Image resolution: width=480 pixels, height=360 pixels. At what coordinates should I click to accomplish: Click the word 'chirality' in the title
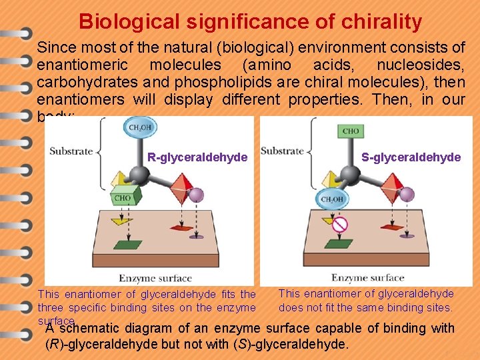coord(379,21)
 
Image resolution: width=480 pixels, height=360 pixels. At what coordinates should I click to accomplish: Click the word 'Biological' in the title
coord(129,21)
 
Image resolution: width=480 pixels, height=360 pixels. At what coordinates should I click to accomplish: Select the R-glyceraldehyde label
coord(197,157)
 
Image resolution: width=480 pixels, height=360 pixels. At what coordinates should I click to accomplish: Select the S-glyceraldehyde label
coord(411,157)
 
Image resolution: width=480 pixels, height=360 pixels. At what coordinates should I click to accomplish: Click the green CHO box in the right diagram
coord(351,131)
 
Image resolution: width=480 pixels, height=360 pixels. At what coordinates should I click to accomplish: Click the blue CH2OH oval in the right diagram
coord(333,199)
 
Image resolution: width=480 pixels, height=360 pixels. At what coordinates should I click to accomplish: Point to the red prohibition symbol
coord(341,225)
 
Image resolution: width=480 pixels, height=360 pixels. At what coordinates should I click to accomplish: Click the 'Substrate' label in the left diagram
coord(71,151)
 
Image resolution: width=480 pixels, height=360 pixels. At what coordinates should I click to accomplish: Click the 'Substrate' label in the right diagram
coord(282,151)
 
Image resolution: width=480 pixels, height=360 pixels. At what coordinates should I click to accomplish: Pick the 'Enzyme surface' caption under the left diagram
coord(155,278)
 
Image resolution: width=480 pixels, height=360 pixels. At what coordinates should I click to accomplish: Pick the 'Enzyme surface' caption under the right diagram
coord(367,277)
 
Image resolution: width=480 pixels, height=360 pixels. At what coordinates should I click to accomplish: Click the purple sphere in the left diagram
coord(196,195)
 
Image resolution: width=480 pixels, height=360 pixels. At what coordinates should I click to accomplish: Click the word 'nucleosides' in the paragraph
coord(421,65)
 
